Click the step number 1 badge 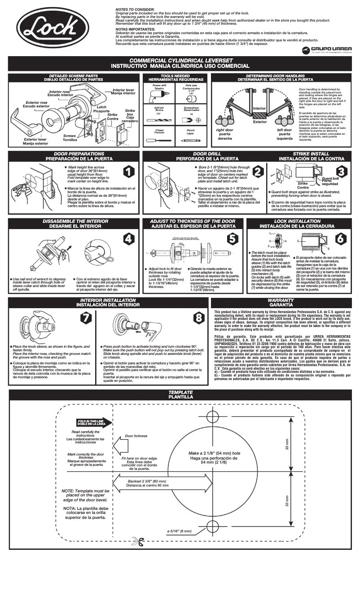128,172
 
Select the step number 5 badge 233,239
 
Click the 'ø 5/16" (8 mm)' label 179,531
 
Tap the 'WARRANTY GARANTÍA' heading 281,302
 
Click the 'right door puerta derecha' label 225,134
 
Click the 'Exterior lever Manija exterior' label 35,142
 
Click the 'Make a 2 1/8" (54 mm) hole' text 214,454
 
